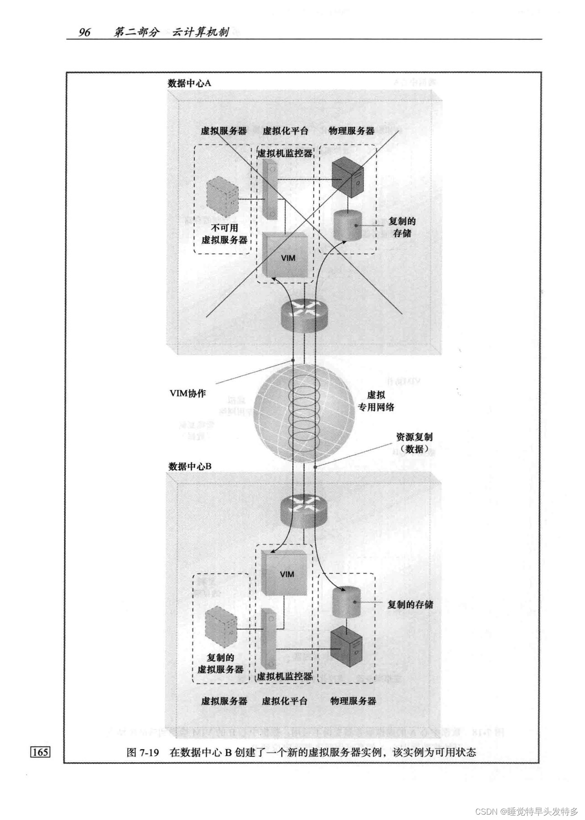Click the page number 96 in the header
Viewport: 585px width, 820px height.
click(x=84, y=32)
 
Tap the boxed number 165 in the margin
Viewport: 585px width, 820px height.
click(x=40, y=752)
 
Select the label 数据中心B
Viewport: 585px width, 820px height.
click(x=190, y=466)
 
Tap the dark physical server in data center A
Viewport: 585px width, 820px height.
click(x=349, y=178)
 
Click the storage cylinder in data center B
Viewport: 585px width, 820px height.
click(x=347, y=602)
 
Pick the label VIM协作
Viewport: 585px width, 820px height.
click(x=188, y=393)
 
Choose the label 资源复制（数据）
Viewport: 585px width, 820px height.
click(x=414, y=443)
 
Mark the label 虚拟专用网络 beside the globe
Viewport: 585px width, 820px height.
click(x=376, y=401)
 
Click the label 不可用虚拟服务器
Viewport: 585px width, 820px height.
click(x=224, y=233)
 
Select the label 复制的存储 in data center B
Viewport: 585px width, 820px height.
click(x=410, y=604)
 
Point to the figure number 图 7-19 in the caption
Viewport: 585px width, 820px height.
click(x=143, y=752)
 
